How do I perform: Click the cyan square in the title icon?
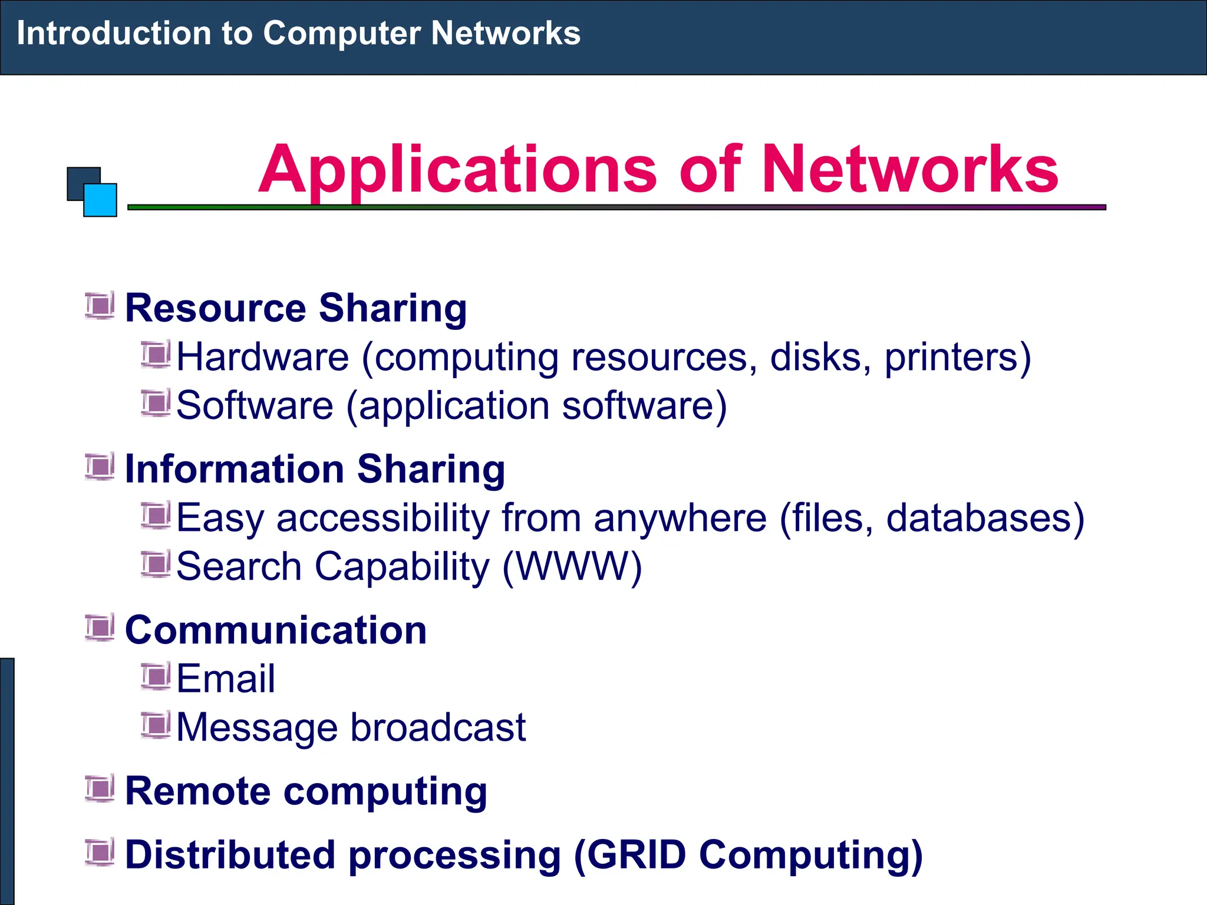(100, 200)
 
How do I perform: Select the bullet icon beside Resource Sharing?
(100, 306)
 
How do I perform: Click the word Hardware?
(263, 357)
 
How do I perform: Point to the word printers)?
(958, 357)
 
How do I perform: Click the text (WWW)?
(572, 567)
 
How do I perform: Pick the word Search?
(239, 567)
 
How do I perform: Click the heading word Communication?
(276, 630)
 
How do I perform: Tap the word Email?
(226, 678)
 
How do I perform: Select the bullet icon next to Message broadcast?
(156, 725)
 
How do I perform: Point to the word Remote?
(197, 791)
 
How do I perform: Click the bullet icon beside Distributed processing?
(100, 853)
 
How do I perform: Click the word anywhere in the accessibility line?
(680, 518)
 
